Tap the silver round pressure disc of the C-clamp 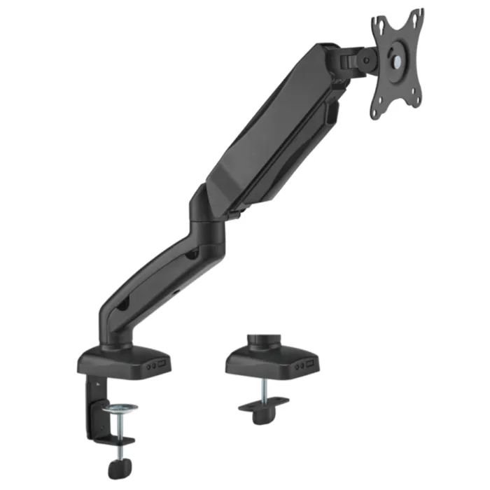(119, 407)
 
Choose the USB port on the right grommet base (309, 364)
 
